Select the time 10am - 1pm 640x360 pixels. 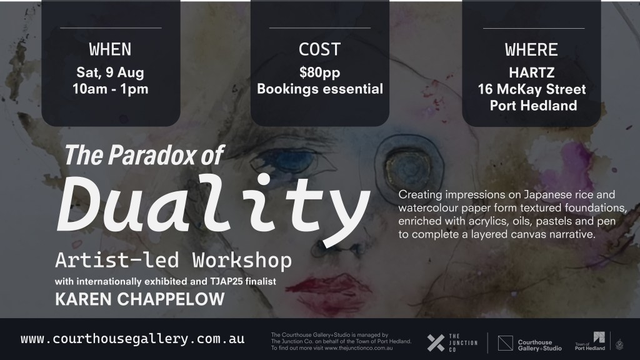tap(110, 88)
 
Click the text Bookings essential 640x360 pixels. tap(319, 89)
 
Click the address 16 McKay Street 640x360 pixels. tap(531, 89)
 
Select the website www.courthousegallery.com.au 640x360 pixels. tap(132, 339)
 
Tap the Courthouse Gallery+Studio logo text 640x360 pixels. tap(539, 344)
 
